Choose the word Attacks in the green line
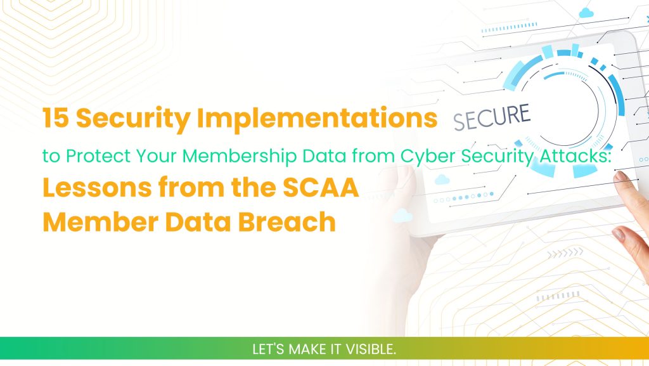pyautogui.click(x=581, y=156)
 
